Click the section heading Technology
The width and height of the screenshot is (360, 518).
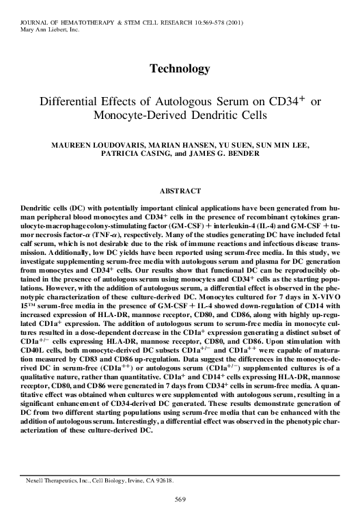point(179,69)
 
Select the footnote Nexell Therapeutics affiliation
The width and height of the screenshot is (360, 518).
point(100,481)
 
